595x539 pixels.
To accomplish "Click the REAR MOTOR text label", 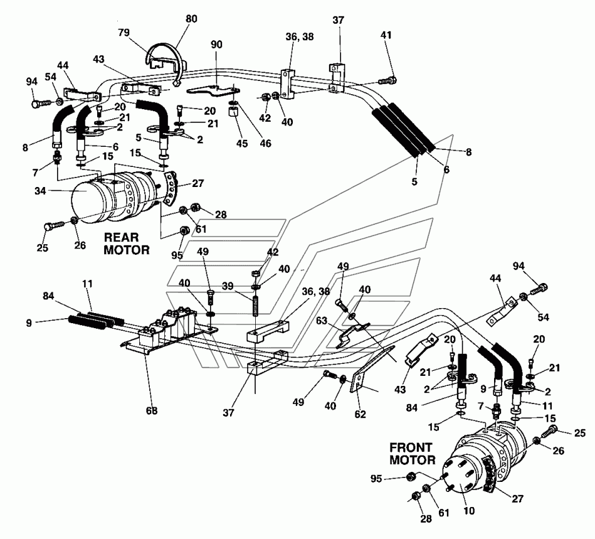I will click(127, 243).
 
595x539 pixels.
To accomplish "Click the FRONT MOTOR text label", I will click(412, 454).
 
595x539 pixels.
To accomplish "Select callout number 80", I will click(191, 19).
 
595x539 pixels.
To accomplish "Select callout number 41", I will click(386, 36).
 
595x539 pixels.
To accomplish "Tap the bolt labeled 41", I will click(386, 80).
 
